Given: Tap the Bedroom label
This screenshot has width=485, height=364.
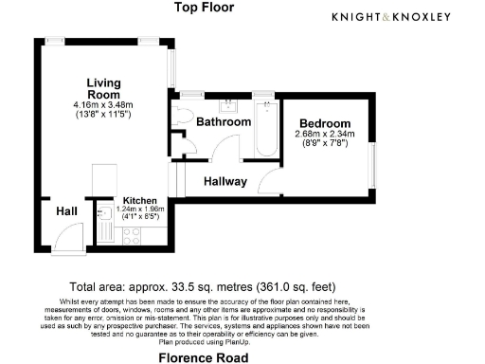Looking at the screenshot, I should coord(325,124).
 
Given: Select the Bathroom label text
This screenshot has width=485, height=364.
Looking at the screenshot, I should coord(224,122).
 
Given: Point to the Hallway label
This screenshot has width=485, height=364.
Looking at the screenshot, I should coord(225,181).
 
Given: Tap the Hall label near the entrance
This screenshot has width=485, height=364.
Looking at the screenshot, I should coord(66,210).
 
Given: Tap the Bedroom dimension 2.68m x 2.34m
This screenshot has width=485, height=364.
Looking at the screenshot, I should coord(325,135).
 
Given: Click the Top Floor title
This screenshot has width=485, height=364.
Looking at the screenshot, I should coord(204,9).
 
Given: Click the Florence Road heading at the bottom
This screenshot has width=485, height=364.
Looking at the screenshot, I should coord(203,357).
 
